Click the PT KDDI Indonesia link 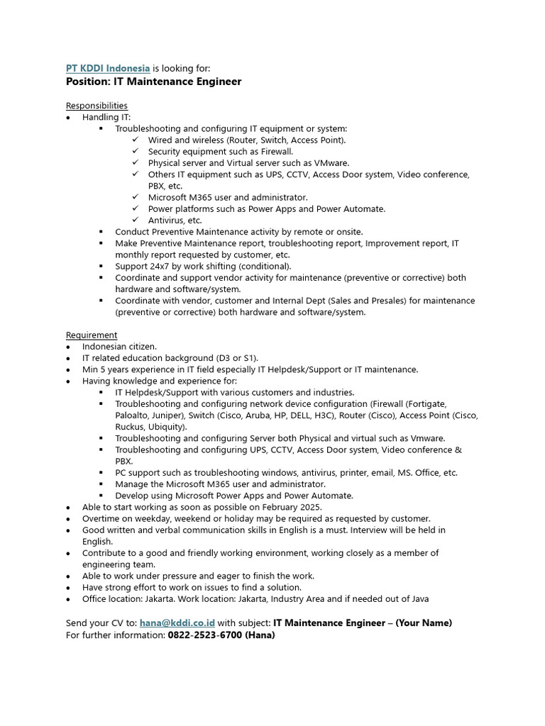(108, 68)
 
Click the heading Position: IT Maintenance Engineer (154, 82)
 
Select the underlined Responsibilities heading (97, 106)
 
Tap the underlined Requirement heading (92, 335)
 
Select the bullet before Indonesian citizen (67, 347)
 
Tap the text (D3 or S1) (238, 358)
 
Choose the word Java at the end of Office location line (418, 599)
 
